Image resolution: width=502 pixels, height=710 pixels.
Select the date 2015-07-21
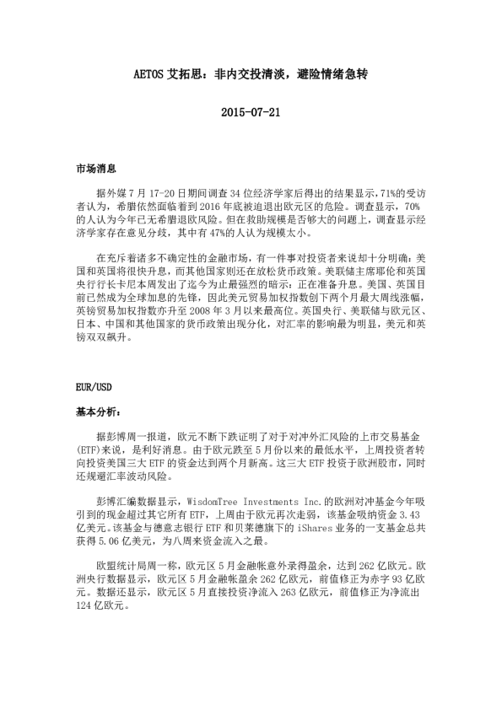click(x=250, y=111)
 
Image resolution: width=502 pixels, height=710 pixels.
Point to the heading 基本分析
click(x=99, y=413)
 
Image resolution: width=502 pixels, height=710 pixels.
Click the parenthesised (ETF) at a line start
click(x=89, y=452)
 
